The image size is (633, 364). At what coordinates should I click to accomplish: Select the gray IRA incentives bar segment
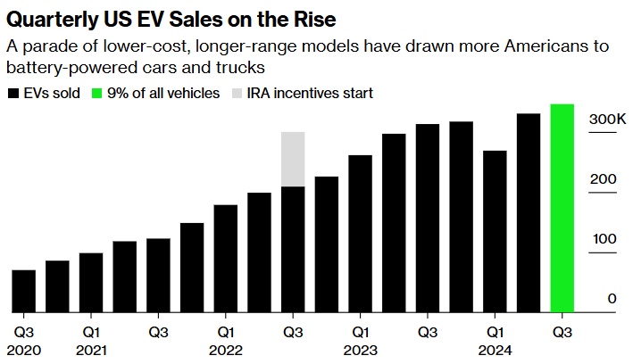point(293,159)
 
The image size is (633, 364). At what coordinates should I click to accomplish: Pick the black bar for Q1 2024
point(495,231)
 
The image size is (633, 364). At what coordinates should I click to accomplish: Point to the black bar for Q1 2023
point(360,234)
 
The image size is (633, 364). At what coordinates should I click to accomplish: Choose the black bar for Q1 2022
point(226,259)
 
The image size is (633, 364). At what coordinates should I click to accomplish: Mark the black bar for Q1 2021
point(91,283)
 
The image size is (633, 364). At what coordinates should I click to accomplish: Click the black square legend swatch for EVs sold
point(12,93)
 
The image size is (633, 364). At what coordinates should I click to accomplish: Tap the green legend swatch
point(99,93)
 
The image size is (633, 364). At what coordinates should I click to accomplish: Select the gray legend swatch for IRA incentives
point(236,93)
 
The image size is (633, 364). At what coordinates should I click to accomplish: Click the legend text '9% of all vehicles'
point(163,93)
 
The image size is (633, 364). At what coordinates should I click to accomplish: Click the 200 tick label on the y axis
point(604,178)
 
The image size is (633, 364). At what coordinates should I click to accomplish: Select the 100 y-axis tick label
point(604,239)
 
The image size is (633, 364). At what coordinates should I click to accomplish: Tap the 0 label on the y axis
point(612,299)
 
